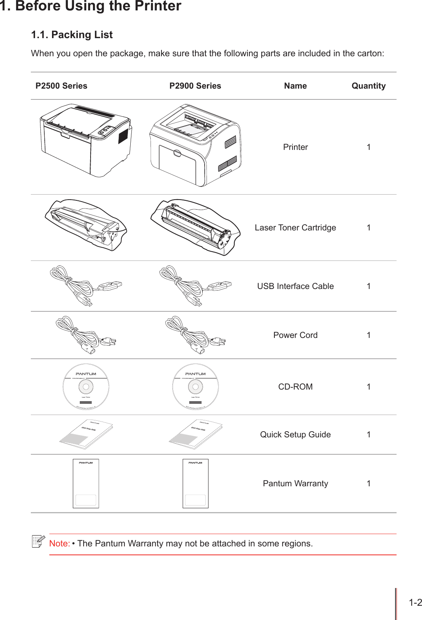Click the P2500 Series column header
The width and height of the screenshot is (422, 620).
pyautogui.click(x=61, y=86)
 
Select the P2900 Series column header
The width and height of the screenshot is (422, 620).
pyautogui.click(x=195, y=86)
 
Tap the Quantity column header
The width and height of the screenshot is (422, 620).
pyautogui.click(x=368, y=86)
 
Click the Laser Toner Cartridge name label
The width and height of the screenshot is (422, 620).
pyautogui.click(x=295, y=228)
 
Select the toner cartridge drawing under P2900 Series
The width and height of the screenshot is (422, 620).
pyautogui.click(x=195, y=227)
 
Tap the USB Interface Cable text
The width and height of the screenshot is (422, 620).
pyautogui.click(x=295, y=286)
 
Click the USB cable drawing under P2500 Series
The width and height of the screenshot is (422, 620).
pyautogui.click(x=86, y=286)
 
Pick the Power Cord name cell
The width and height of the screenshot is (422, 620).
pyautogui.click(x=295, y=335)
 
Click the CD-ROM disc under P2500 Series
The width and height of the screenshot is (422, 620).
pyautogui.click(x=86, y=386)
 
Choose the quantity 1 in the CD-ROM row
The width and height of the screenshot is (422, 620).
pyautogui.click(x=368, y=387)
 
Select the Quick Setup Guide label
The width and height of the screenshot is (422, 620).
pyautogui.click(x=295, y=435)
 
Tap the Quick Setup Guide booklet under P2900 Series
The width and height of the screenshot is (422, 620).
pyautogui.click(x=195, y=435)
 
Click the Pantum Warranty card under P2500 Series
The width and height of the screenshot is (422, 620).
pyautogui.click(x=86, y=483)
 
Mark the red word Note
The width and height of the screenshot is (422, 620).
pyautogui.click(x=59, y=544)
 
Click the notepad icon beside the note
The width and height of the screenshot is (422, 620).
pyautogui.click(x=38, y=541)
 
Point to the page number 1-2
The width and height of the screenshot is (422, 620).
pyautogui.click(x=415, y=603)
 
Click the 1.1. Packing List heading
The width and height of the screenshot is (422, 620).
pyautogui.click(x=72, y=35)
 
